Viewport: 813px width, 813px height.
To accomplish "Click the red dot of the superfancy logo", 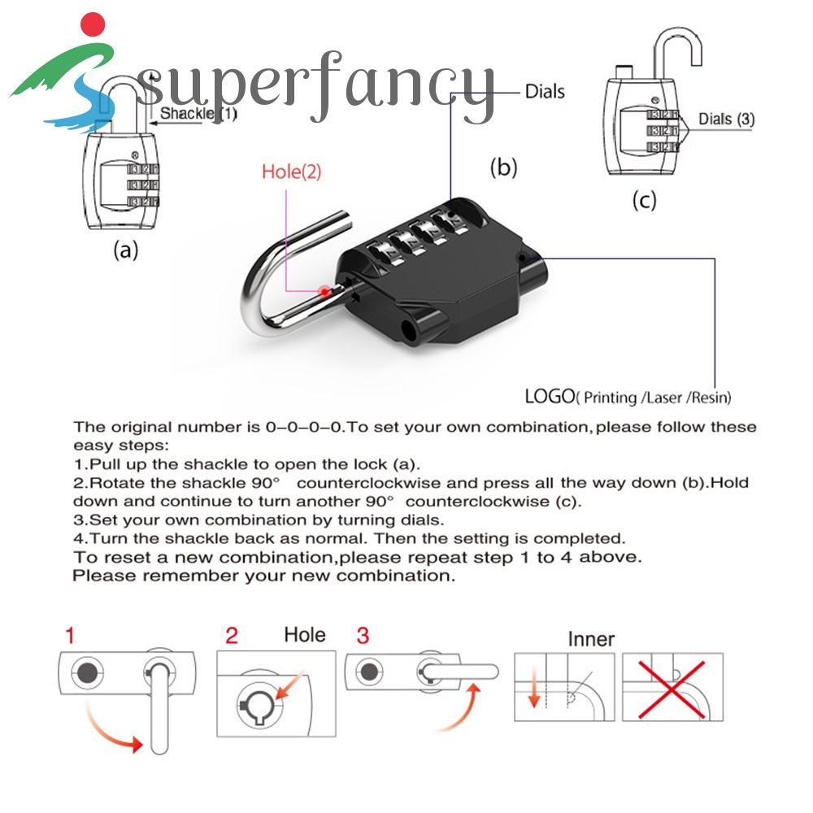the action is click(93, 24).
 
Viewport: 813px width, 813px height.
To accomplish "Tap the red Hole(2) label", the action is click(291, 172).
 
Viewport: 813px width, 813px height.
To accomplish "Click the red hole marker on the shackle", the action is click(324, 292).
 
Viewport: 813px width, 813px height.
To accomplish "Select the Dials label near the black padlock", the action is click(545, 92).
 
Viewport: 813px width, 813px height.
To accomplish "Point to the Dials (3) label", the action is click(726, 120).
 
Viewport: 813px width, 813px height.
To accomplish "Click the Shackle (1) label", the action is click(198, 113).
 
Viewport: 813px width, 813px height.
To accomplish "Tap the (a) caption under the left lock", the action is click(126, 250).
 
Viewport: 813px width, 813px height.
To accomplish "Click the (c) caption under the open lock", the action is click(645, 200).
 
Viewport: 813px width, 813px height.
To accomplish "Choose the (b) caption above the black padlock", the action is click(504, 167).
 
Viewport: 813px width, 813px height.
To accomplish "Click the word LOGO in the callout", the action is click(550, 397).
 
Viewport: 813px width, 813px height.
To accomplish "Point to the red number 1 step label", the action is click(70, 636).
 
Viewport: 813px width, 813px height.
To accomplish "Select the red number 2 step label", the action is click(232, 636).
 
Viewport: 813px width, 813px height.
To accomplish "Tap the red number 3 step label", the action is click(363, 636).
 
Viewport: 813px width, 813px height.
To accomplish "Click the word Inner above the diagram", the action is click(591, 639).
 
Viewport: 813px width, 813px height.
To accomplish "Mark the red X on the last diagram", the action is click(672, 689).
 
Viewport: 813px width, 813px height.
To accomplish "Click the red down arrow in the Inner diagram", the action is click(534, 688).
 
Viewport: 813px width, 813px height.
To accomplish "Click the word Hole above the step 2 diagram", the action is click(305, 635).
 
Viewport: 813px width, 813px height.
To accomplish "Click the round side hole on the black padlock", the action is click(410, 330).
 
